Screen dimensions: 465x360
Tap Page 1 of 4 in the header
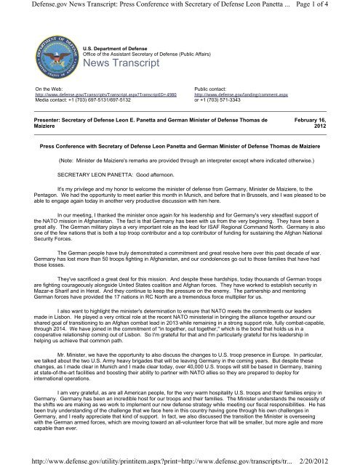(x=329, y=7)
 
